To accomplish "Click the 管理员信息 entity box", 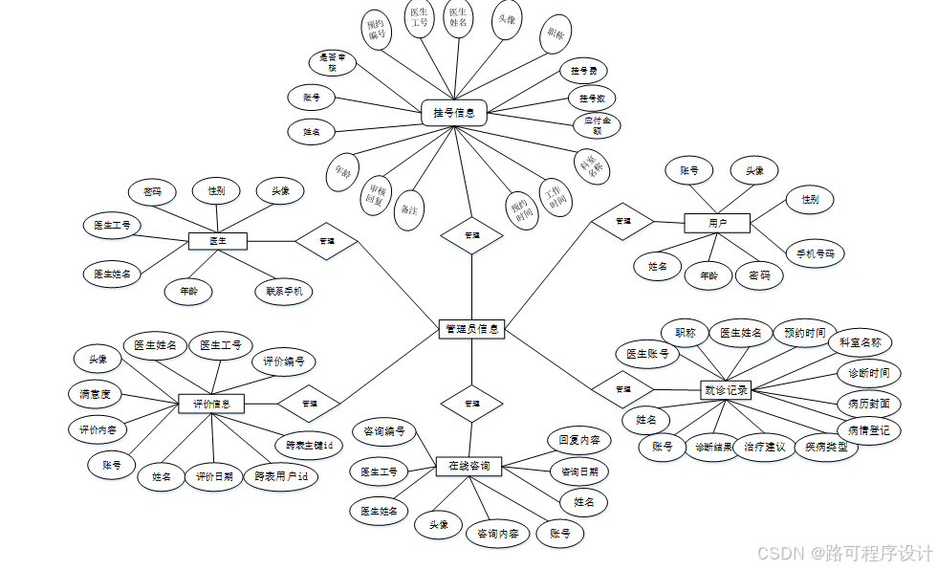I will (471, 328).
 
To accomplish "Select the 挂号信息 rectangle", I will (454, 113).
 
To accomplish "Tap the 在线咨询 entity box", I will (468, 466).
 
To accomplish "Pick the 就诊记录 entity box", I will (726, 389).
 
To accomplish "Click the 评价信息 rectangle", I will (211, 404).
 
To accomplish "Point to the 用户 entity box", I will (717, 223).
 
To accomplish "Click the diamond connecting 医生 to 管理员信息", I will (326, 241).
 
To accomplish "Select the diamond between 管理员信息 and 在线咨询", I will (471, 404).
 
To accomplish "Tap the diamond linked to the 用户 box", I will (622, 221).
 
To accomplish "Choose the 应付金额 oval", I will (597, 125).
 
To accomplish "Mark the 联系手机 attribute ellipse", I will (283, 291).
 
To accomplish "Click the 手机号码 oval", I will (815, 253).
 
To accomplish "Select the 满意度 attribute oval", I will (95, 393).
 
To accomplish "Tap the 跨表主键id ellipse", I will (309, 445).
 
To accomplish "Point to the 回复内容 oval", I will (579, 441).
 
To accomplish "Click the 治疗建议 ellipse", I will (764, 447).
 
